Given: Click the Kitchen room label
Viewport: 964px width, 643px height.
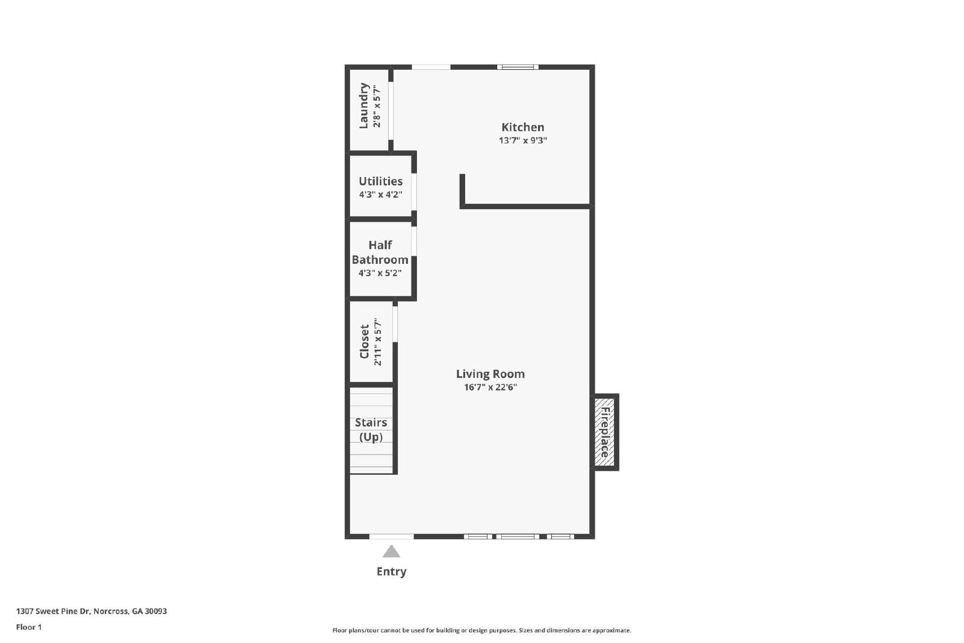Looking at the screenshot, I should click(522, 127).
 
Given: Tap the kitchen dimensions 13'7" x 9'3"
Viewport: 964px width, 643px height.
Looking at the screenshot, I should click(522, 140).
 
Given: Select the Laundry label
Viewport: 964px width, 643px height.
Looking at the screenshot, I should click(364, 106).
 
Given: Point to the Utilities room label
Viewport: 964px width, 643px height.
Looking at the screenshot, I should click(380, 181).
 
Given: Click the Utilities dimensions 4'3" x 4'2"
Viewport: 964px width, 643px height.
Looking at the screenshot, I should click(380, 195).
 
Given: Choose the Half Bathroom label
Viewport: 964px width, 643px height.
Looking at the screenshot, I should click(380, 252).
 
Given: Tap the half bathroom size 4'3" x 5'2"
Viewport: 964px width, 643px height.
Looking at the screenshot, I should click(380, 273).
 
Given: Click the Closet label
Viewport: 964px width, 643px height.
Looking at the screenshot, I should click(365, 342).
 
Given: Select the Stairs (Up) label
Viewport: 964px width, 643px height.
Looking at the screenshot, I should click(371, 430).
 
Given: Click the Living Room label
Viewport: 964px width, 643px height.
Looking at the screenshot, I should click(490, 374).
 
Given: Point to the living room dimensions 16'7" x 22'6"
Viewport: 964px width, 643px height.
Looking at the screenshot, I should click(490, 387).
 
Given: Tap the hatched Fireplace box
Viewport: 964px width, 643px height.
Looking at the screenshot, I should click(604, 431).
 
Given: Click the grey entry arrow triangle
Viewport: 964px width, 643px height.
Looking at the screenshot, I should click(392, 551).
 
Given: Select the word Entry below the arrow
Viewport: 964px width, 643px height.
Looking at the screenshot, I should click(392, 571).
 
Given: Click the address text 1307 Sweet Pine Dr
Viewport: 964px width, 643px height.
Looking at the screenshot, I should click(91, 611).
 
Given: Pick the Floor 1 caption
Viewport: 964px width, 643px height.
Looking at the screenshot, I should click(29, 627).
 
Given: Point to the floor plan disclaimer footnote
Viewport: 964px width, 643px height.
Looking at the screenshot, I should click(481, 630).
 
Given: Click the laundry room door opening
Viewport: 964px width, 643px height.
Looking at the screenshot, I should click(390, 111).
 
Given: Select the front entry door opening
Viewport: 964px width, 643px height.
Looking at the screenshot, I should click(392, 536).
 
